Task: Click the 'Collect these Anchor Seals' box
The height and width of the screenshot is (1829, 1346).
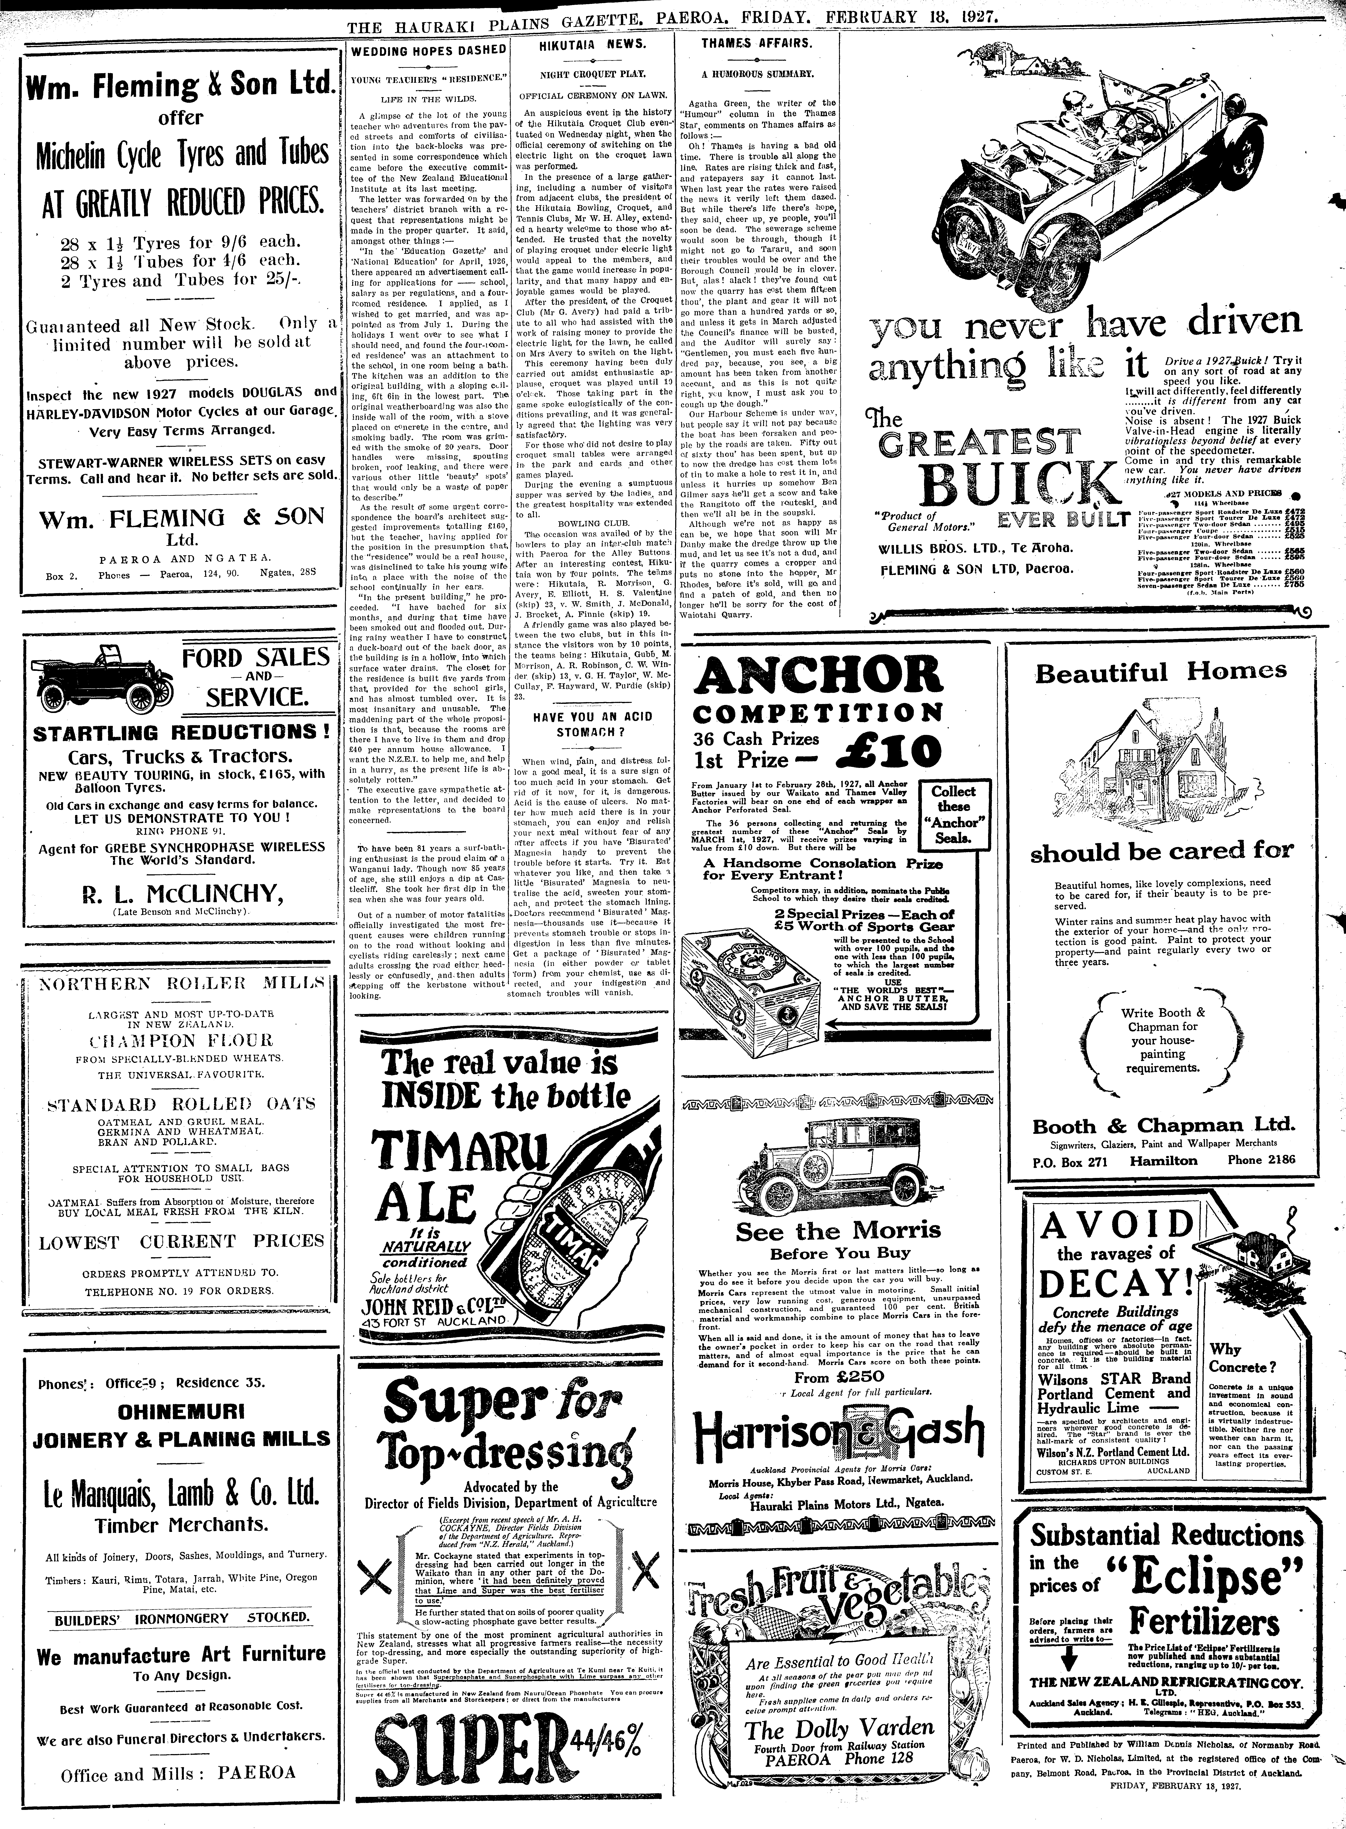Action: point(953,815)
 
